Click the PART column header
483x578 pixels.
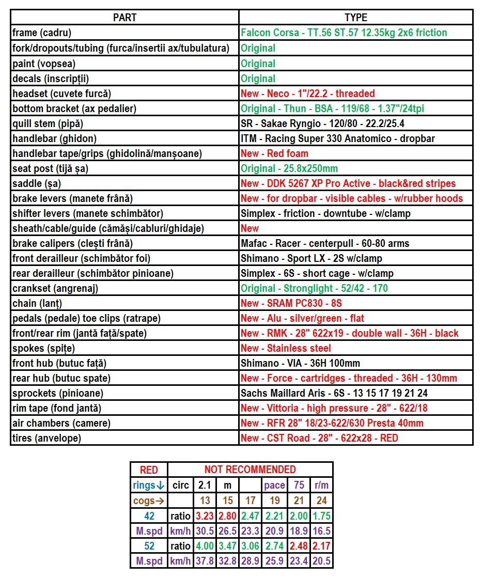(x=124, y=18)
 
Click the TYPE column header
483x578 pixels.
(x=356, y=18)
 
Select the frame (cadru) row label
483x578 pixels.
(x=42, y=33)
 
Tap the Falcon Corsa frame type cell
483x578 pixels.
(x=344, y=33)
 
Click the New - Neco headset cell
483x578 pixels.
(x=307, y=93)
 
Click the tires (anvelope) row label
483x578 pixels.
(x=47, y=438)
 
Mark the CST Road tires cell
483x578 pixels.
(x=319, y=438)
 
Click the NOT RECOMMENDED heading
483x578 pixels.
(x=250, y=470)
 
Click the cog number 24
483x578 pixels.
(x=321, y=501)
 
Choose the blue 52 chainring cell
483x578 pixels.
(x=149, y=545)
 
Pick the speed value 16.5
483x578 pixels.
(x=321, y=530)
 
